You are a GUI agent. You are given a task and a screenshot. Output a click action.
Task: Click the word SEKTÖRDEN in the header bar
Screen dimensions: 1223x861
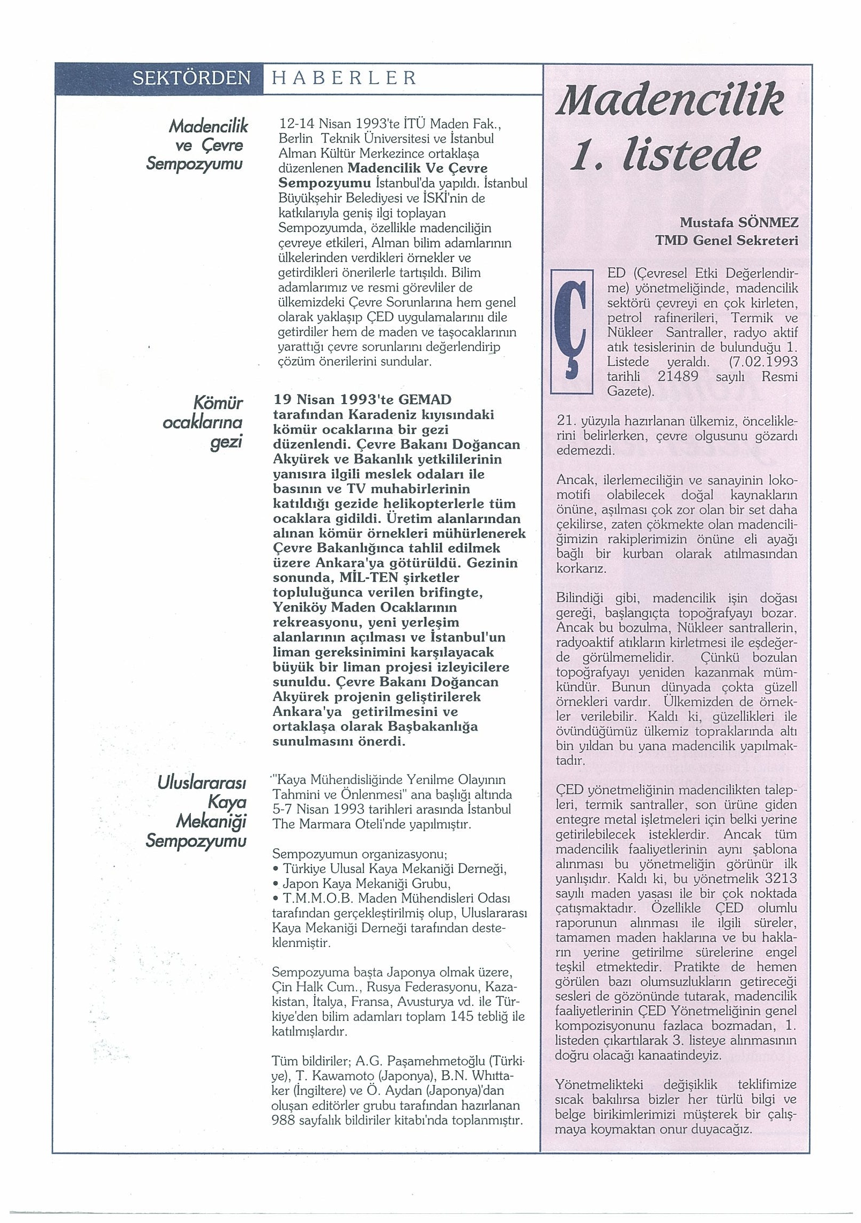coord(191,79)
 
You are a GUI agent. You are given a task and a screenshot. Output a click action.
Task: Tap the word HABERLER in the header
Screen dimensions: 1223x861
coord(344,78)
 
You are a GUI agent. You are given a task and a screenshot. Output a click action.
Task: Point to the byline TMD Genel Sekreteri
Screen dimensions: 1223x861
coord(726,241)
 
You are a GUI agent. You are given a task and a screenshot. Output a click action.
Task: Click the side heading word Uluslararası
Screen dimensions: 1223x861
coord(202,784)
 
